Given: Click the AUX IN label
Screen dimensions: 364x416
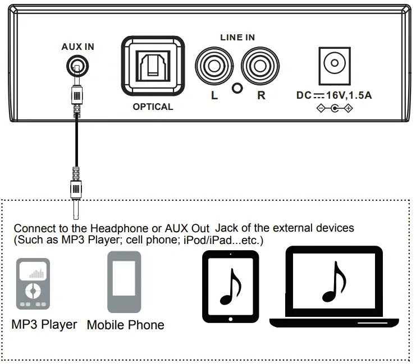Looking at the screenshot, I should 77,47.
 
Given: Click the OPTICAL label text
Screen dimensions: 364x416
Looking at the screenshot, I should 153,107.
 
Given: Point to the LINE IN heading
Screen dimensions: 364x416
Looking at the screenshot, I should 237,38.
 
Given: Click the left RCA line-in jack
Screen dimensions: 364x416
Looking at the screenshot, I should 214,67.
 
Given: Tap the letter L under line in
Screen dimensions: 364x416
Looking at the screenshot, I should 214,95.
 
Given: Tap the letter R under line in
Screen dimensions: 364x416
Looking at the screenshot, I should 261,95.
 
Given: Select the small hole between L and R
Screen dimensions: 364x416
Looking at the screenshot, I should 237,89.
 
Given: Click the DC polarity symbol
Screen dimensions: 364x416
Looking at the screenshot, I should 335,108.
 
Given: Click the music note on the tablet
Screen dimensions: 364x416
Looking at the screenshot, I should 230,285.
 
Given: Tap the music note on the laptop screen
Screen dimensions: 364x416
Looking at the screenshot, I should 333,283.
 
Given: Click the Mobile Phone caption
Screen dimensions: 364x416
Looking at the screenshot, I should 126,325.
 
